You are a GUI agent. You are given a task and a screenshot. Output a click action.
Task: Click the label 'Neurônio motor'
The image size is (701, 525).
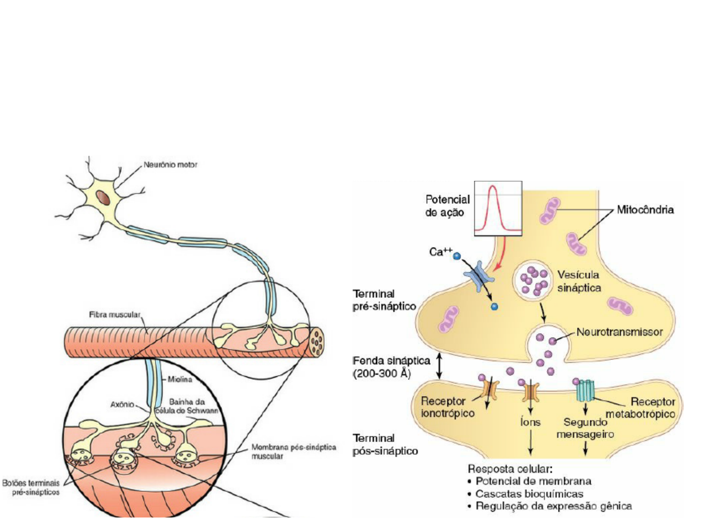(170, 165)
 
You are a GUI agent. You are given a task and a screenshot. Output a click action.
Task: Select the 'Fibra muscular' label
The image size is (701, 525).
(114, 315)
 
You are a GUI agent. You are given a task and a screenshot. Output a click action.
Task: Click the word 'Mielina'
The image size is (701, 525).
(180, 379)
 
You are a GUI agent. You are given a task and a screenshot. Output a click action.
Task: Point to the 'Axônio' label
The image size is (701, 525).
(122, 404)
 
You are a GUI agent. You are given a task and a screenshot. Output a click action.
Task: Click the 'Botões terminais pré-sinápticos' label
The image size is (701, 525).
(31, 487)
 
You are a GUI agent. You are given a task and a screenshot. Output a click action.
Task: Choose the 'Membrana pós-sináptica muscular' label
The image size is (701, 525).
(293, 451)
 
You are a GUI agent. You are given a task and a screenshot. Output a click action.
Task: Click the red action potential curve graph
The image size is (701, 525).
(498, 208)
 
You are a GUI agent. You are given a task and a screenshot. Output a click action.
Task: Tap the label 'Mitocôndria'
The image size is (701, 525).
(645, 210)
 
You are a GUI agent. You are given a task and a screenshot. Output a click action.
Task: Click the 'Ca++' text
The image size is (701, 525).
(440, 252)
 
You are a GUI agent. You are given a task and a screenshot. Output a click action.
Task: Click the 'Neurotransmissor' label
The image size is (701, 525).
(619, 332)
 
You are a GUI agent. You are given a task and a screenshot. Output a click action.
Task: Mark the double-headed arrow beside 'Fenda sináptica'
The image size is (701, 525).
(439, 366)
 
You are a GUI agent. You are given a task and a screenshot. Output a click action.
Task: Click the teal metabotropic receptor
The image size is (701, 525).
(585, 390)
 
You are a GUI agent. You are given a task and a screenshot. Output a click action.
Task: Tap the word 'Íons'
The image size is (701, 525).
(530, 422)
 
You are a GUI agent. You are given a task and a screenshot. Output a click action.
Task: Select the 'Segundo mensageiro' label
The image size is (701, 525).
(585, 428)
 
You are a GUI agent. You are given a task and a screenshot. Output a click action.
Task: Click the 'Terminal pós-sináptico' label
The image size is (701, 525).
(385, 444)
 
